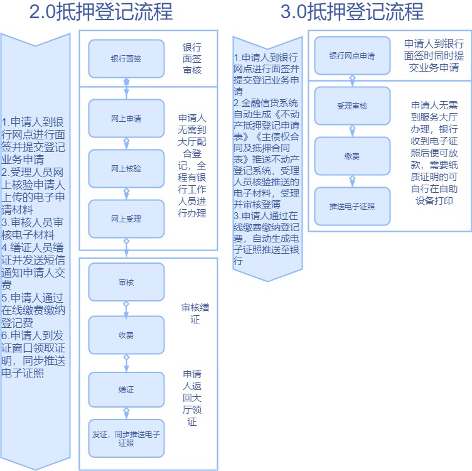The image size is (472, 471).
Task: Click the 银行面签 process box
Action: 126,59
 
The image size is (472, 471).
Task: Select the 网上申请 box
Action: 126,118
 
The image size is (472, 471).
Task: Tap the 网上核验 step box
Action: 126,169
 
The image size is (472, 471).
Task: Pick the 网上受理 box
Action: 126,219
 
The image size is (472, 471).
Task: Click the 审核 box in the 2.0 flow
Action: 126,282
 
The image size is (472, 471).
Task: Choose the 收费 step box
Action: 126,335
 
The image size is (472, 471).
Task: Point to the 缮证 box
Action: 126,390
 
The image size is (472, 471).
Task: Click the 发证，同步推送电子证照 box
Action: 126,438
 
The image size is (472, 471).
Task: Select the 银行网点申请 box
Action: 352,56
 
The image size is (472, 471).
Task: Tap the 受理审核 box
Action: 352,106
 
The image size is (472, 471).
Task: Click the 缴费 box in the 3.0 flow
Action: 352,156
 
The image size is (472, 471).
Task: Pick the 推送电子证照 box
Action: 352,206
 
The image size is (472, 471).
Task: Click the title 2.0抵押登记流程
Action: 101,11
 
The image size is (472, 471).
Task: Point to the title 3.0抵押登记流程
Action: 352,11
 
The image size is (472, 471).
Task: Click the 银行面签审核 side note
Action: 192,59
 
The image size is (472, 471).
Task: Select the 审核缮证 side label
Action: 195,313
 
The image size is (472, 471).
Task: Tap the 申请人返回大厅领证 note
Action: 192,398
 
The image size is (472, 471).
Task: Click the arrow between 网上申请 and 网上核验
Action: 126,144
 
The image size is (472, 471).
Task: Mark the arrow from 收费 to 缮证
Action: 126,363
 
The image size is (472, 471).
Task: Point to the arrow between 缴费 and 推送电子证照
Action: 352,181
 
